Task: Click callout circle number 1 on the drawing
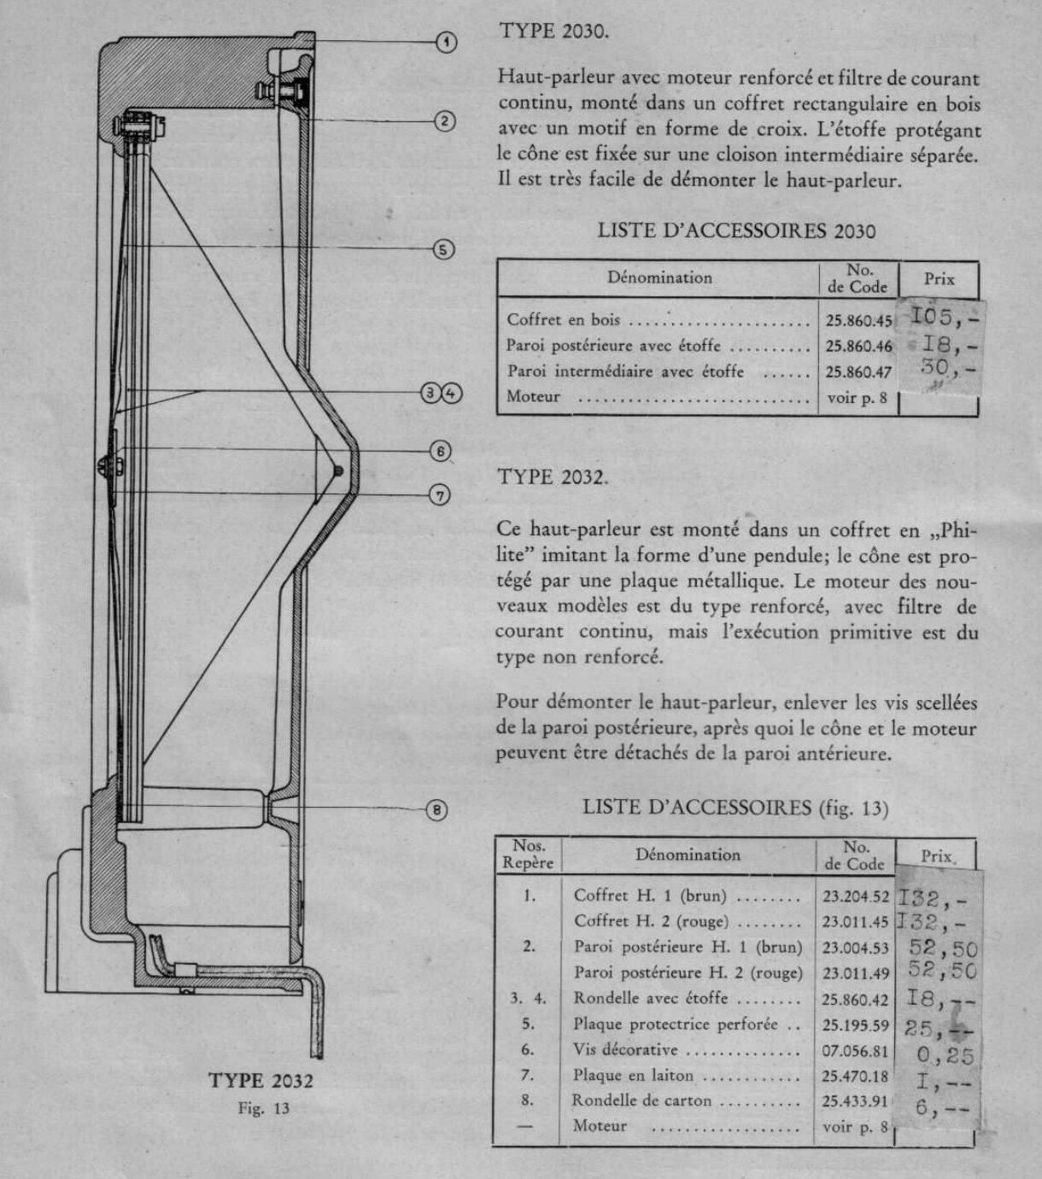click(x=447, y=41)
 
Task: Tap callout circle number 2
click(x=445, y=121)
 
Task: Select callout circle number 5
click(x=442, y=249)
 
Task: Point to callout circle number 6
click(x=440, y=451)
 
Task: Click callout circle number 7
click(x=440, y=494)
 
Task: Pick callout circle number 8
click(x=436, y=809)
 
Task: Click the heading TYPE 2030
click(x=553, y=32)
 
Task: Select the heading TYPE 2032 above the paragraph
click(x=552, y=477)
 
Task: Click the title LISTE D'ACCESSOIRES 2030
click(x=736, y=231)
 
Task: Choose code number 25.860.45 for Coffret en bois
click(x=858, y=322)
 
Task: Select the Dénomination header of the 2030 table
click(x=659, y=277)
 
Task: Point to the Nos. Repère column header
click(x=529, y=855)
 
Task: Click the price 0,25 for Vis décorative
click(x=945, y=1056)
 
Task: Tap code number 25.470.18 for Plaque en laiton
click(x=855, y=1077)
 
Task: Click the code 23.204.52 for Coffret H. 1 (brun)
click(x=856, y=896)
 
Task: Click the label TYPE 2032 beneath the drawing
click(x=261, y=1081)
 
